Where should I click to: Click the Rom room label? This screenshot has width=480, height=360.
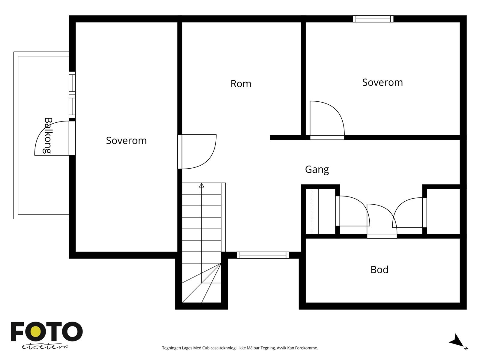coord(241,84)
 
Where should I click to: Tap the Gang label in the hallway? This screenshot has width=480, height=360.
coord(317,169)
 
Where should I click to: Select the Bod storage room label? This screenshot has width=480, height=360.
coord(379,270)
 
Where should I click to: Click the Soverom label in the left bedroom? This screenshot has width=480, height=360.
coord(126,140)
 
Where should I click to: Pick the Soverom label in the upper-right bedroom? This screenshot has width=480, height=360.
coord(382,82)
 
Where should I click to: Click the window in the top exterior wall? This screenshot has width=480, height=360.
coord(373,19)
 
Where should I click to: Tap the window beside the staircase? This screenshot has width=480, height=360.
coord(263,255)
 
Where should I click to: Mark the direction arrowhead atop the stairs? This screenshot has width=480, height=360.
coord(201,186)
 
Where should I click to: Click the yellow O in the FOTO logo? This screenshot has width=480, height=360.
coord(36,331)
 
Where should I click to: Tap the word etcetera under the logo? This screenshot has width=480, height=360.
coord(45,347)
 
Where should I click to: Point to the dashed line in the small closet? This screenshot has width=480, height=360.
coord(312,211)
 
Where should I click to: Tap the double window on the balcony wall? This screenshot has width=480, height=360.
coord(72,95)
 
